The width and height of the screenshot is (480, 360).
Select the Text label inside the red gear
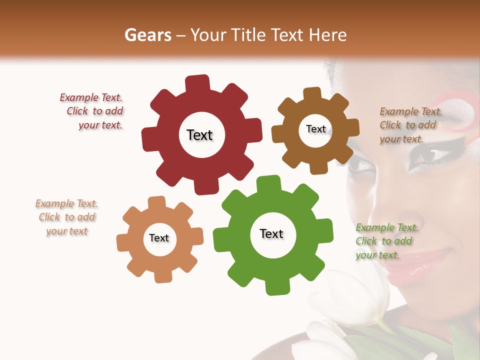[x=199, y=135]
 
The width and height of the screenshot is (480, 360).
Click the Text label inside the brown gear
[x=315, y=129]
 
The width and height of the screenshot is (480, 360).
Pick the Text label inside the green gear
[x=271, y=233]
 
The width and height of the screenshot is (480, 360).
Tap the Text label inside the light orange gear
[x=159, y=238]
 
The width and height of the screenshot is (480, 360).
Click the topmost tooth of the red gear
[x=197, y=83]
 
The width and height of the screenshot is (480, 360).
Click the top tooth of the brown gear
[x=312, y=94]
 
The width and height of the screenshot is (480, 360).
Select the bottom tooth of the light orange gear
[x=162, y=275]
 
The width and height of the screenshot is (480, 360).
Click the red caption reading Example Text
[x=90, y=97]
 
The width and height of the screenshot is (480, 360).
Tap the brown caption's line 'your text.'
[x=401, y=139]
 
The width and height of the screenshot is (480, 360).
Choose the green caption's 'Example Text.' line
[x=387, y=227]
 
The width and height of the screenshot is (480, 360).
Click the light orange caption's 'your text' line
[x=66, y=231]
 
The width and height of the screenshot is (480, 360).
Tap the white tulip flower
[x=350, y=300]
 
